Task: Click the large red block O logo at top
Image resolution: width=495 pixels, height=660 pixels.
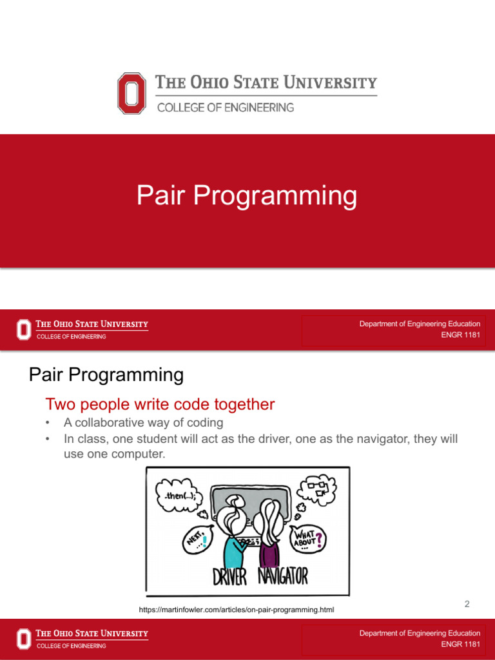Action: [x=131, y=93]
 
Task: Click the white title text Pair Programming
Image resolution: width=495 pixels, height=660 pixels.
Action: [x=247, y=195]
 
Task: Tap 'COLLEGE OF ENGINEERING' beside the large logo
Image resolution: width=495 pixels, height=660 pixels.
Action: [x=226, y=108]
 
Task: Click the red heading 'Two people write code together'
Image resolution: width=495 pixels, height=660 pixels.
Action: [x=160, y=405]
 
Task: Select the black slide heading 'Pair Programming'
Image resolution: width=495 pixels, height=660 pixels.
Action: [x=106, y=374]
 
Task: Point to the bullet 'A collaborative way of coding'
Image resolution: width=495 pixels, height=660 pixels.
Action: [x=143, y=423]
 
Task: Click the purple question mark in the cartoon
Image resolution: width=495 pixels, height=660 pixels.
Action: [x=319, y=538]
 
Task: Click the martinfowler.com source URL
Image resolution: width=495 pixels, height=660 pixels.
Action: [x=237, y=610]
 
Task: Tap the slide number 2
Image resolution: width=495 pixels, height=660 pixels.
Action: [x=467, y=605]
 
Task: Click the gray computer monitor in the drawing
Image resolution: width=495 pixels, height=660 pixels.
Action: [x=251, y=500]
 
